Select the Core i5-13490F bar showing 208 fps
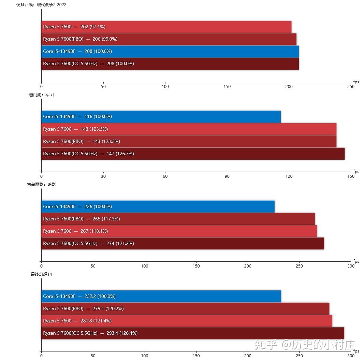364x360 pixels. [170, 52]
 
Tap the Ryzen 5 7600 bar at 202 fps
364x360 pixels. [166, 27]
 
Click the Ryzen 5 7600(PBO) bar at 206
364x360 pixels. [169, 39]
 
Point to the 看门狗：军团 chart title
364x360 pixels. [41, 95]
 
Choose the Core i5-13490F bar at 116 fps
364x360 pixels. [161, 117]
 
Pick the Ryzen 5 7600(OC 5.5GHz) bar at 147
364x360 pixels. [193, 154]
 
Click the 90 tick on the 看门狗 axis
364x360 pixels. [227, 176]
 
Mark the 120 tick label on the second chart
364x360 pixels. [289, 176]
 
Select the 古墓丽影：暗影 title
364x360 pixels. [41, 185]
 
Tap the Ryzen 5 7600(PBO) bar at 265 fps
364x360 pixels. [178, 219]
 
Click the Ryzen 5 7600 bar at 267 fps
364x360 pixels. [179, 231]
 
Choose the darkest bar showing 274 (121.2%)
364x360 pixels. [183, 244]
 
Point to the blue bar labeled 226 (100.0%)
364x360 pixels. [158, 207]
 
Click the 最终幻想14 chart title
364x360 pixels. [41, 274]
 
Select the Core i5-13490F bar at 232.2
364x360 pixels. [161, 297]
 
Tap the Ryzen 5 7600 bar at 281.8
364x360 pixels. [187, 321]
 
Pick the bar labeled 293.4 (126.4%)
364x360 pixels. [192, 333]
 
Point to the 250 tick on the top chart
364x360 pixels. [351, 87]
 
